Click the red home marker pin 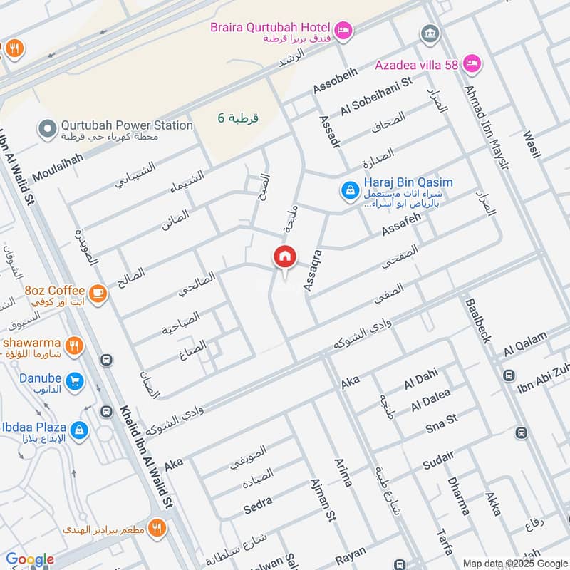(x=284, y=257)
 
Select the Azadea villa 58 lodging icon (x=472, y=65)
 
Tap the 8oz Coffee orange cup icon (x=97, y=292)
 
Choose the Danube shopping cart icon (x=74, y=383)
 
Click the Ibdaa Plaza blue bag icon (x=81, y=430)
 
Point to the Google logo (x=30, y=560)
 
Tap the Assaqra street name (x=313, y=269)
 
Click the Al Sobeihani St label (x=377, y=95)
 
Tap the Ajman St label (x=321, y=500)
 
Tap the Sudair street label (x=437, y=462)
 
